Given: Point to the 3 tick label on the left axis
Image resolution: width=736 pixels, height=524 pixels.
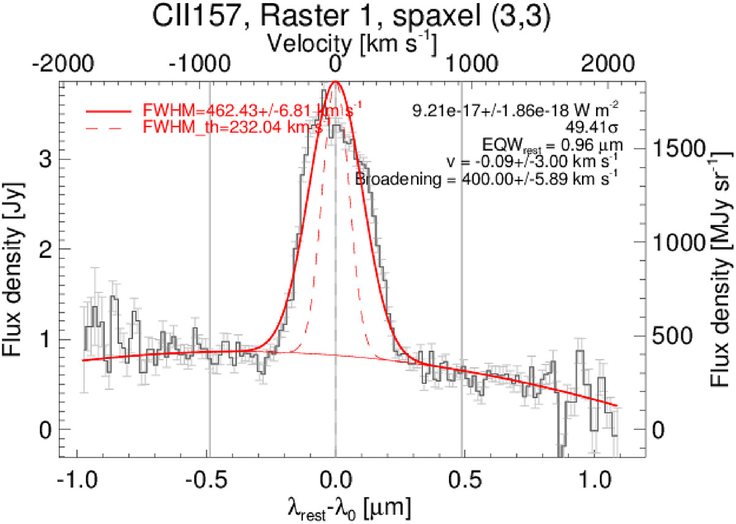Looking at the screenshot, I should (x=44, y=159).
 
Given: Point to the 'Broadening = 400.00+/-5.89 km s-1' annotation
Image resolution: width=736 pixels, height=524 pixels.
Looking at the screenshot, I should (x=486, y=179).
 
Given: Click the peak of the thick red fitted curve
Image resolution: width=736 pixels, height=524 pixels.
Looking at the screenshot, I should (x=335, y=82).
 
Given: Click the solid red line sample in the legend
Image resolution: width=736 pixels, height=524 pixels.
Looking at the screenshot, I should (x=109, y=112).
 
